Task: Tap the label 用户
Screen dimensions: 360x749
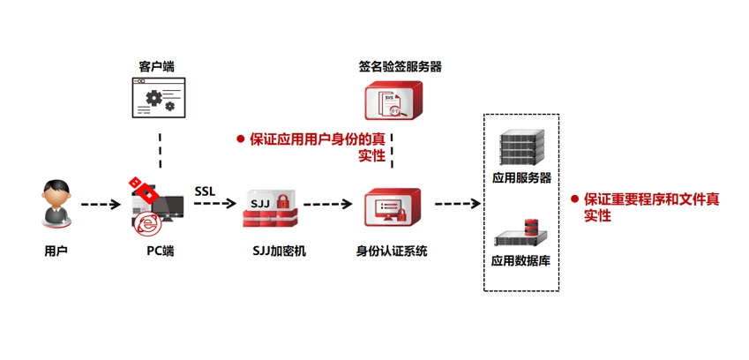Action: pos(56,251)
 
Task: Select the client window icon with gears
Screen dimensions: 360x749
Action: pos(160,98)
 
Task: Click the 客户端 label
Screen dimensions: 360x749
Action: pos(160,66)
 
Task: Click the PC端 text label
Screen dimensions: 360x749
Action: pos(160,251)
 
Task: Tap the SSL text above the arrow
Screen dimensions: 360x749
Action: pos(204,191)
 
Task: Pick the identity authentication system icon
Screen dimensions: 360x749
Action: pos(392,209)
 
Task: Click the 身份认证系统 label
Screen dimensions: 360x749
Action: pos(392,251)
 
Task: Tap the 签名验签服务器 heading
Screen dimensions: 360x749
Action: pos(400,66)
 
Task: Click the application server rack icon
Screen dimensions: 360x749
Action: pos(521,146)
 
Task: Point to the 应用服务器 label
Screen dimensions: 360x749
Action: pos(521,177)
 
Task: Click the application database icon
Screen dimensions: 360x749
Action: pos(521,232)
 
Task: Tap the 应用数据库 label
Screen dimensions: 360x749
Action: pos(521,261)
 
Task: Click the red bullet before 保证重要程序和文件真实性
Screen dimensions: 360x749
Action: pos(573,199)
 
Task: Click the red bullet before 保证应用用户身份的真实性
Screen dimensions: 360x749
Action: pos(239,139)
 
